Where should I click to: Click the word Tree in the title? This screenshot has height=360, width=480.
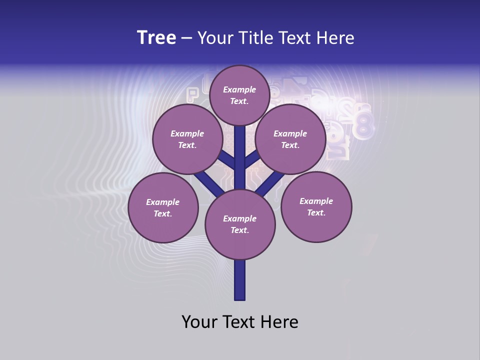click(x=156, y=38)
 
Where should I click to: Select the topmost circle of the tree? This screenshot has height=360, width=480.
click(x=239, y=95)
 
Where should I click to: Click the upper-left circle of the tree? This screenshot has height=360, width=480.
click(x=187, y=139)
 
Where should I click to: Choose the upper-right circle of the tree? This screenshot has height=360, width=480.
click(x=290, y=139)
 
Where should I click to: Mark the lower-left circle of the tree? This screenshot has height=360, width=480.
click(x=163, y=207)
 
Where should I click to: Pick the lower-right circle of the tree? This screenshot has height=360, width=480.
click(x=316, y=206)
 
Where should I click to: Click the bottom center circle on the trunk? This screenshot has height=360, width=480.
click(x=240, y=224)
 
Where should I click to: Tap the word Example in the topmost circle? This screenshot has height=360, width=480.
click(x=239, y=89)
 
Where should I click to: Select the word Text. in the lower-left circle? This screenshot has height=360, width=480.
click(x=163, y=213)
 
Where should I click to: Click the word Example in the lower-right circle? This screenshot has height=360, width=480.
click(x=316, y=201)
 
